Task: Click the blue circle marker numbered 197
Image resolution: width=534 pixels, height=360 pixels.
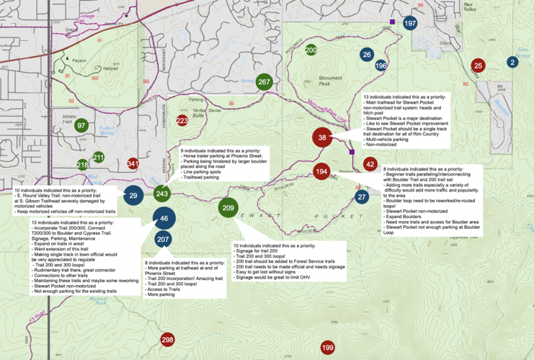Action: [x=410, y=24]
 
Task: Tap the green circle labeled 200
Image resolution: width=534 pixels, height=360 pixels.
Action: [x=311, y=50]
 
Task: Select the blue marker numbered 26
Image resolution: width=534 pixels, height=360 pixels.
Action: [x=367, y=55]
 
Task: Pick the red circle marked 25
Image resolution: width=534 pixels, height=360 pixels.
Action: [x=478, y=66]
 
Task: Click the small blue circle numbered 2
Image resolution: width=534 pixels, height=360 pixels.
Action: [x=512, y=62]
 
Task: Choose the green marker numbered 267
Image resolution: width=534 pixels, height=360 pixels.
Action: [x=264, y=82]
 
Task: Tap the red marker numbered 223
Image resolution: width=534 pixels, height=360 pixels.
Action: [x=182, y=121]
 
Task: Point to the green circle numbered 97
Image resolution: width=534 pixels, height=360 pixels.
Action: [x=81, y=125]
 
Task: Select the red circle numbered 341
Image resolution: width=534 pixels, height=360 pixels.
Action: [x=133, y=164]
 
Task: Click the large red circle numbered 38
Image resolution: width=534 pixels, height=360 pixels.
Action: [x=323, y=138]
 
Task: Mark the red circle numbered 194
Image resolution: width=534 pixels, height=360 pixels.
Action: [x=321, y=171]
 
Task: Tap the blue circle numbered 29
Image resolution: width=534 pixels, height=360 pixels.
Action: [x=133, y=195]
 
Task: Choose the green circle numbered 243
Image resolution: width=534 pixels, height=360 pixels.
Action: [x=162, y=194]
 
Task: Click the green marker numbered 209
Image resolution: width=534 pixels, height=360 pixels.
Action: [x=228, y=208]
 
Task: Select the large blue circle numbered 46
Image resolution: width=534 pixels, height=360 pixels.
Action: [x=164, y=218]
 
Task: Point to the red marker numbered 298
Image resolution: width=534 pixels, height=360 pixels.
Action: [x=167, y=339]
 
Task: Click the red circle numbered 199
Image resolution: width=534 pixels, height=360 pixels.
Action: [x=327, y=348]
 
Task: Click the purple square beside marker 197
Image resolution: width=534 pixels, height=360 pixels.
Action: [x=393, y=22]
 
